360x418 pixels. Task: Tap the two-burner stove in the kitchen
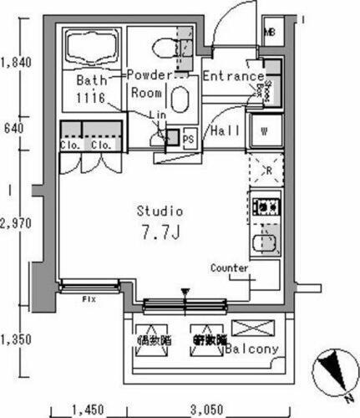[265, 206]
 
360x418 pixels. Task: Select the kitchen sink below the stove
[265, 243]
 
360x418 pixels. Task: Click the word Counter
[229, 268]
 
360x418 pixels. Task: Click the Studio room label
[160, 212]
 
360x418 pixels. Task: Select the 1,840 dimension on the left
[16, 61]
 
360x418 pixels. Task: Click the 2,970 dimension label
[16, 223]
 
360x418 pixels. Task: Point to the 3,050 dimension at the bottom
[205, 410]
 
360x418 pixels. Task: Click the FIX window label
[86, 298]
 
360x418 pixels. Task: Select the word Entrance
[233, 76]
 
